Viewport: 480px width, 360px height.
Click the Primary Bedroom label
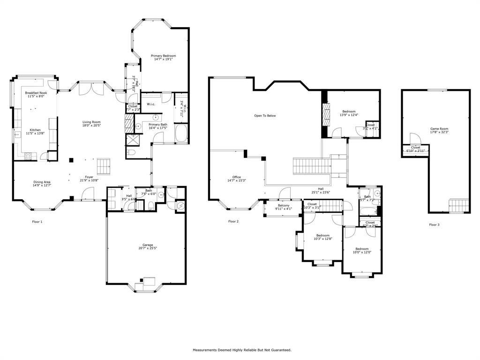pyautogui.click(x=163, y=56)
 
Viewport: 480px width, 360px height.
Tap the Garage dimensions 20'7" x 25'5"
pyautogui.click(x=148, y=248)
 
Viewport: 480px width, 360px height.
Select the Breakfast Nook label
pyautogui.click(x=36, y=93)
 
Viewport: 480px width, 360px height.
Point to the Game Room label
pyautogui.click(x=439, y=128)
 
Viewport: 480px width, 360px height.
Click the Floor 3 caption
pyautogui.click(x=434, y=225)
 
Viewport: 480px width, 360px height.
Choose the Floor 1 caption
pyautogui.click(x=37, y=222)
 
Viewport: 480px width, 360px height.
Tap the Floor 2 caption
pyautogui.click(x=233, y=222)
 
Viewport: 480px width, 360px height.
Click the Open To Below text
pyautogui.click(x=265, y=115)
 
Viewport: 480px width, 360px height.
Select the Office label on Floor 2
pyautogui.click(x=236, y=177)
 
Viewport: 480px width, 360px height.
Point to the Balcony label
pyautogui.click(x=283, y=205)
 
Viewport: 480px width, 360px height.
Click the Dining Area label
pyautogui.click(x=42, y=182)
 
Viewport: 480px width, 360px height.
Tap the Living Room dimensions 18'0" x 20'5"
pyautogui.click(x=91, y=126)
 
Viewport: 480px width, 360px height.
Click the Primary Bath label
pyautogui.click(x=157, y=124)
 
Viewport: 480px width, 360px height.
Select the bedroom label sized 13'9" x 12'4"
pyautogui.click(x=348, y=112)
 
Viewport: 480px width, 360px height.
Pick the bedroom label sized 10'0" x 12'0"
pyautogui.click(x=362, y=248)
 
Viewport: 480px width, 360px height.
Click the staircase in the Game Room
pyautogui.click(x=459, y=205)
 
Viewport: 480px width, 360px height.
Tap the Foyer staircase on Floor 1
pyautogui.click(x=104, y=165)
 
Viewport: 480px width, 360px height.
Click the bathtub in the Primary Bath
pyautogui.click(x=181, y=133)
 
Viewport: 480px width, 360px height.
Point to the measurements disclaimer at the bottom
pyautogui.click(x=242, y=350)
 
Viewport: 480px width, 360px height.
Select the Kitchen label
pyautogui.click(x=35, y=130)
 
